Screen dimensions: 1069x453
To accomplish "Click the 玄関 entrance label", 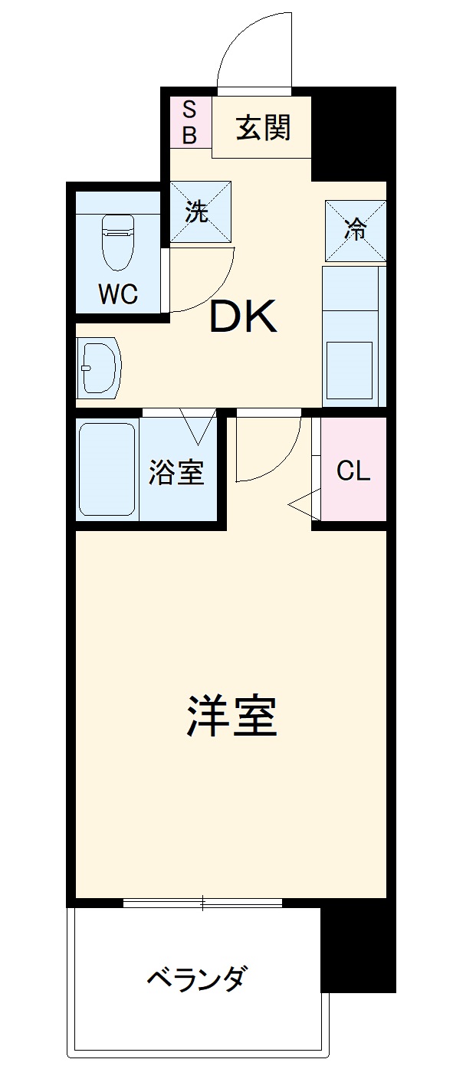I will (x=262, y=128).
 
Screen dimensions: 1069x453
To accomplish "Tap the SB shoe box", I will (x=189, y=123).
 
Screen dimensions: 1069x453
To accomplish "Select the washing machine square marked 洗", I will (x=199, y=212).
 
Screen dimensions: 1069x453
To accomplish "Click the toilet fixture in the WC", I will (x=118, y=241).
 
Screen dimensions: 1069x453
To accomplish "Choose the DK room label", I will (x=244, y=317).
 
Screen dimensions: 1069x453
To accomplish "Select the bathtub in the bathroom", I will (x=107, y=470).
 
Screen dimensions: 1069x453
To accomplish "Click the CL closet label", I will (x=353, y=471).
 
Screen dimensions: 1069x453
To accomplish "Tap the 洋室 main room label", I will (x=231, y=716).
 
